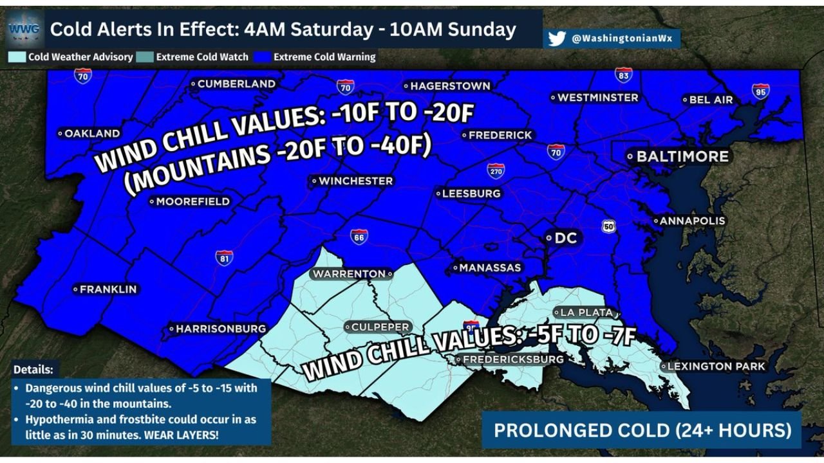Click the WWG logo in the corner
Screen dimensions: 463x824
tap(24, 28)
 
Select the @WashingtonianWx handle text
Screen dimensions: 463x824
tap(621, 39)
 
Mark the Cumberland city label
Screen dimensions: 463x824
tap(236, 84)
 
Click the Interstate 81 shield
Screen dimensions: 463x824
tap(224, 258)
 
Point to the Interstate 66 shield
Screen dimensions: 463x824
tap(359, 236)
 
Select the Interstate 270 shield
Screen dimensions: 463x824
tap(495, 170)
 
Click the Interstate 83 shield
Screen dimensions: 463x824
tap(623, 75)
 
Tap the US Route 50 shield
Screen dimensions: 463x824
tap(609, 226)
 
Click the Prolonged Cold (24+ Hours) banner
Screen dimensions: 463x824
tap(642, 430)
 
